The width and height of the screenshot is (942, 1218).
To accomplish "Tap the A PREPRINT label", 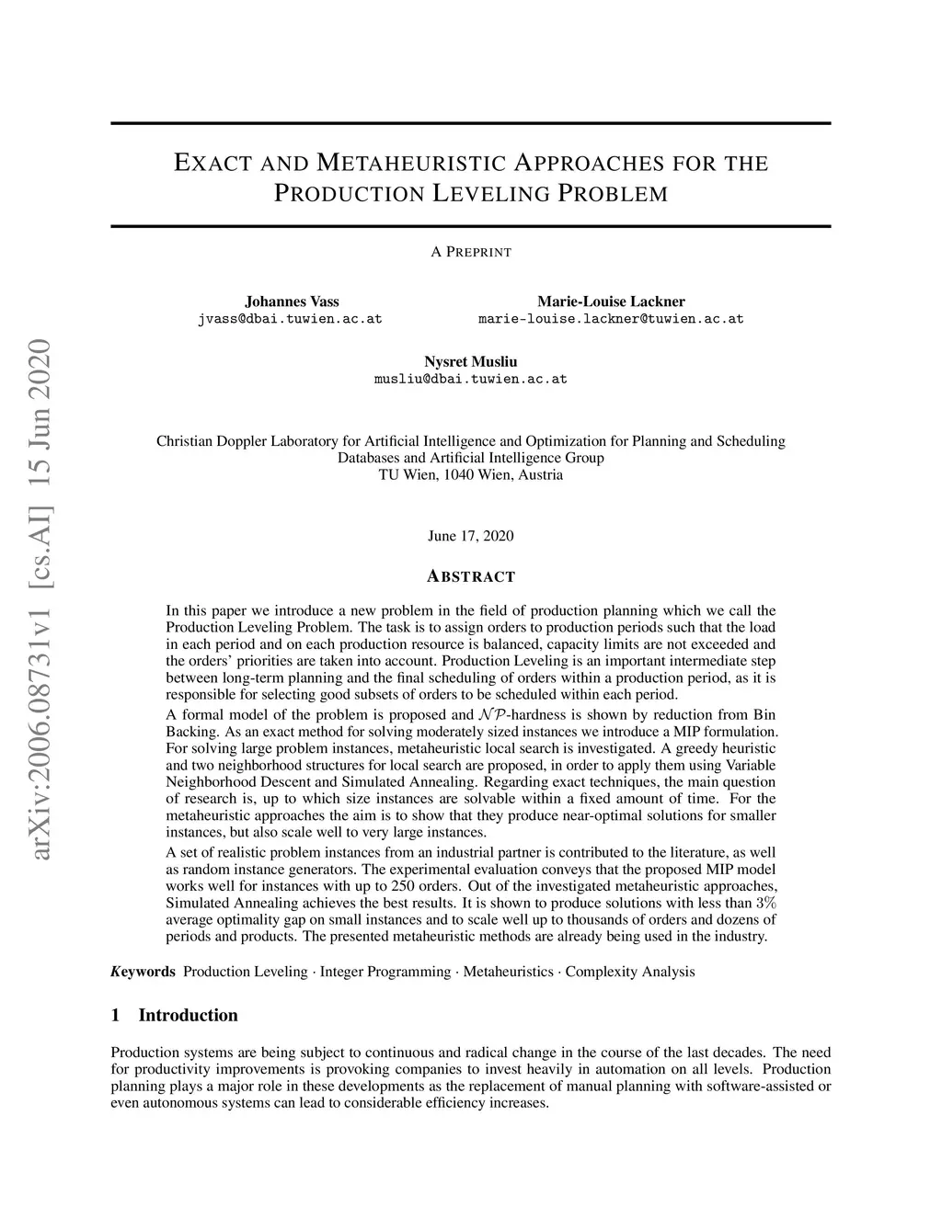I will point(471,252).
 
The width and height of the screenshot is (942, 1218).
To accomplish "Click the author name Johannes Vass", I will point(292,302).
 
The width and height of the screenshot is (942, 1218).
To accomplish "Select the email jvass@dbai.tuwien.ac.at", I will point(290,319).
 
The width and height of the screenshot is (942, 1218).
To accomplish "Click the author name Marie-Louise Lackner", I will point(611,302).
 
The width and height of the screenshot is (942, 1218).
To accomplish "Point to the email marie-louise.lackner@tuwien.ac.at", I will point(611,319).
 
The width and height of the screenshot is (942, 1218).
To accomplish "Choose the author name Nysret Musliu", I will point(471,361).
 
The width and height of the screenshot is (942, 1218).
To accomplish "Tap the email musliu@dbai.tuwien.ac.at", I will point(471,379).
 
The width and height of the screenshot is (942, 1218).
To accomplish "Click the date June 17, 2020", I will point(471,536).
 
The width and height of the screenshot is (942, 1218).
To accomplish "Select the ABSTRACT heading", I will point(471,577).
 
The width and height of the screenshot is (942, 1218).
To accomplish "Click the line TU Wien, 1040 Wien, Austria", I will point(471,475).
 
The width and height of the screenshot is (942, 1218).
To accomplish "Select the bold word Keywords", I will point(143,972).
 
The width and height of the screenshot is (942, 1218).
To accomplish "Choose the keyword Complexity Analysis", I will point(630,972).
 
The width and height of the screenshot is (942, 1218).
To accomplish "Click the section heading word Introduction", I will point(188,1016).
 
